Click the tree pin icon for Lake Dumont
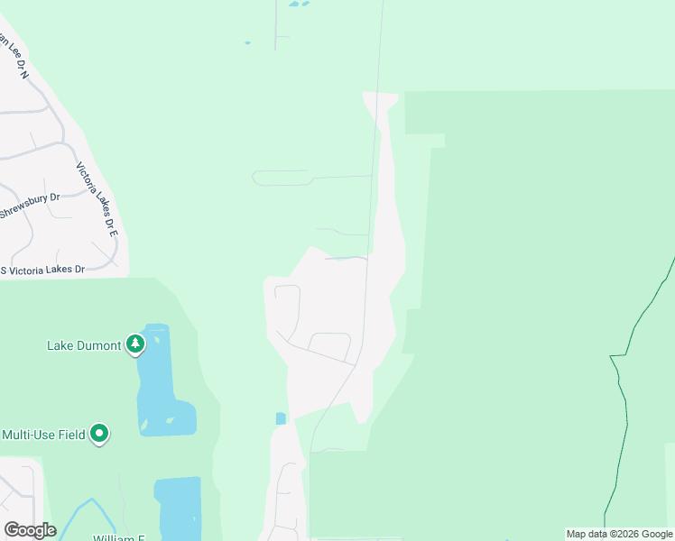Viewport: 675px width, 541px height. (135, 344)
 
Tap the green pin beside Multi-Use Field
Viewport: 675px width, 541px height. (100, 434)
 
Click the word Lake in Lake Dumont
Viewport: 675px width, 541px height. (61, 345)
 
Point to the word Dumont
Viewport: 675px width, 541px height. (99, 345)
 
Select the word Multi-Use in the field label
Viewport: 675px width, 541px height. (31, 435)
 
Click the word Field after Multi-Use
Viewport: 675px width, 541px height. (72, 435)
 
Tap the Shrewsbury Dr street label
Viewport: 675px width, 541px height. (29, 206)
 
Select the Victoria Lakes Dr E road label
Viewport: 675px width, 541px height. (97, 199)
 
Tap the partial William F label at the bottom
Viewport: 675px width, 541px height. (118, 537)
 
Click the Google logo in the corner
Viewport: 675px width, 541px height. (30, 530)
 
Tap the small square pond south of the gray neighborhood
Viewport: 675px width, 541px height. (281, 418)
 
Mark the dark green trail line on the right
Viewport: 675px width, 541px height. (623, 406)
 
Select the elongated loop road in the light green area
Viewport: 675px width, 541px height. (281, 178)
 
